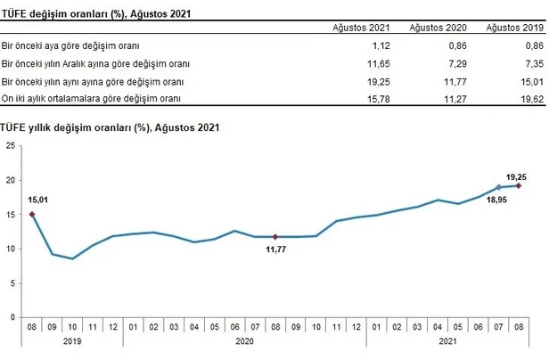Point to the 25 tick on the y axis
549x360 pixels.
(10, 146)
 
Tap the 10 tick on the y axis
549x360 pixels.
(10, 249)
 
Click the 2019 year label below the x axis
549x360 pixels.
(71, 340)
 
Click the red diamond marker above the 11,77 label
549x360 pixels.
(274, 236)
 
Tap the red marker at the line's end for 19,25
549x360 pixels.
(519, 185)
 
